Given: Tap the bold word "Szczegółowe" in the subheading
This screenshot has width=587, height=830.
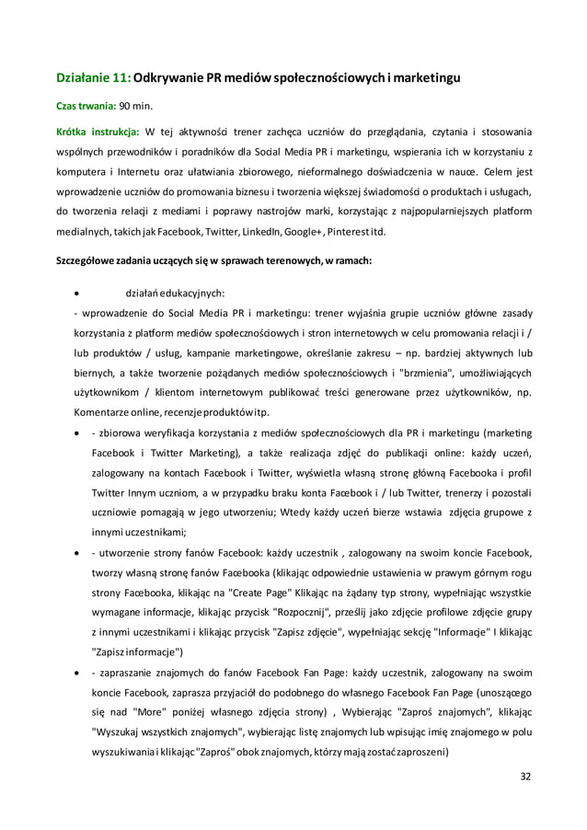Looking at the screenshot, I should coord(88,260).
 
